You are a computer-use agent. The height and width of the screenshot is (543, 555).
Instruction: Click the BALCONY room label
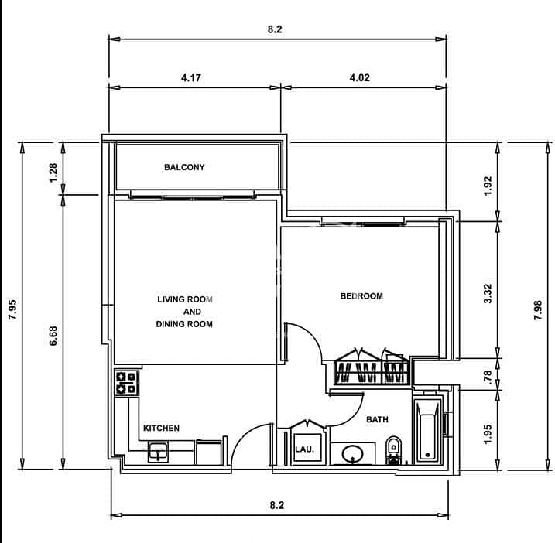[184, 167]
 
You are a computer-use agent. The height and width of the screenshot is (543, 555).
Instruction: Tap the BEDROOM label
[361, 296]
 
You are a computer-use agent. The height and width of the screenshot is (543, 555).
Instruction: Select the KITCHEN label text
[162, 428]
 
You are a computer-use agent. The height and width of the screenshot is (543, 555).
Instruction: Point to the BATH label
[377, 419]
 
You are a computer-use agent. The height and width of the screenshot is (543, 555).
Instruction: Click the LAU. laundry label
[305, 449]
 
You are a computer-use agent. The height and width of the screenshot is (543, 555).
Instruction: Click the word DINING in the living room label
[170, 324]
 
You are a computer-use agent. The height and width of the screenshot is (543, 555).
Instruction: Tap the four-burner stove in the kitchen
[126, 383]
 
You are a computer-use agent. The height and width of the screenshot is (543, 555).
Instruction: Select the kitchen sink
[158, 452]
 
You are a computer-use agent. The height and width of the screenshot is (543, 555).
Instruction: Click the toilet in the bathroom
[393, 450]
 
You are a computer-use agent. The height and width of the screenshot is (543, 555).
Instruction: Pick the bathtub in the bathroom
[428, 431]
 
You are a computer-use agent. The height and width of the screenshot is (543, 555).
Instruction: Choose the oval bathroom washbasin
[353, 453]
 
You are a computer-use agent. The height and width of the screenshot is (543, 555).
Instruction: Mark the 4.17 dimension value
[191, 77]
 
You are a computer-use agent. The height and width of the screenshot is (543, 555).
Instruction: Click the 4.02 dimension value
[360, 77]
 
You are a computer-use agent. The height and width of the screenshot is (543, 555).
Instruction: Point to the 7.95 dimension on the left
[12, 310]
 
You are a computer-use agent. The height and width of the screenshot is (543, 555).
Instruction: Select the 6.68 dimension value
[53, 336]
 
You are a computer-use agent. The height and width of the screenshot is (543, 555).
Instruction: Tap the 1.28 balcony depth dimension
[53, 172]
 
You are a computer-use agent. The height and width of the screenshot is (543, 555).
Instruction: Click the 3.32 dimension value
[488, 293]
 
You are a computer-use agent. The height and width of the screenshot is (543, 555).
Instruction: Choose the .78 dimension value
[488, 377]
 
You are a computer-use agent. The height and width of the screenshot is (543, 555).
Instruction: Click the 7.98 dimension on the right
[538, 310]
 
